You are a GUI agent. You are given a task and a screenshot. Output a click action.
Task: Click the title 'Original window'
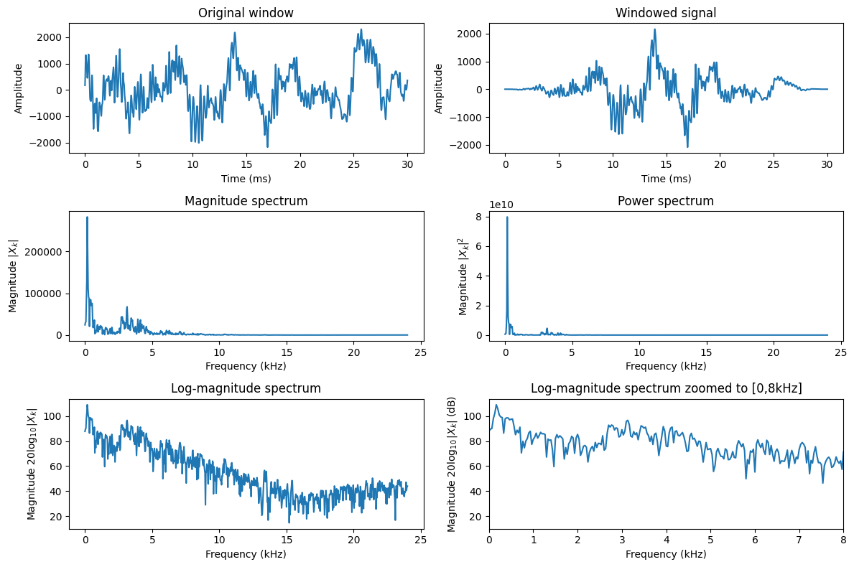pyautogui.click(x=246, y=13)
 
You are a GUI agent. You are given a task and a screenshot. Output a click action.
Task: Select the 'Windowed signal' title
pyautogui.click(x=666, y=13)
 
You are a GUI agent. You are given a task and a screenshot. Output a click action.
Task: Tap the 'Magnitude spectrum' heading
pyautogui.click(x=246, y=201)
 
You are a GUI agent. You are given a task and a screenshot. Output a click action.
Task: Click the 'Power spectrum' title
pyautogui.click(x=666, y=201)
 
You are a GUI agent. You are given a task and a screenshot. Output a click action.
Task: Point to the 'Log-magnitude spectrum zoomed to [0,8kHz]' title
pyautogui.click(x=666, y=388)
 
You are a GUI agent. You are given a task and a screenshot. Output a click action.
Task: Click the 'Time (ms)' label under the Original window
pyautogui.click(x=246, y=178)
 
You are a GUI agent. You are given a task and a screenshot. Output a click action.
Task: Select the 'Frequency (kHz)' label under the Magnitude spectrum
pyautogui.click(x=246, y=366)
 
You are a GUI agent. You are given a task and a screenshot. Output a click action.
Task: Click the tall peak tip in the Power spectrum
pyautogui.click(x=507, y=217)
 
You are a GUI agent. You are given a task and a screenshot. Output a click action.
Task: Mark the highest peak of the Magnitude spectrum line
pyautogui.click(x=87, y=217)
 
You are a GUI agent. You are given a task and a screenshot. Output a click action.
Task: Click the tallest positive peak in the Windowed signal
pyautogui.click(x=655, y=29)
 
